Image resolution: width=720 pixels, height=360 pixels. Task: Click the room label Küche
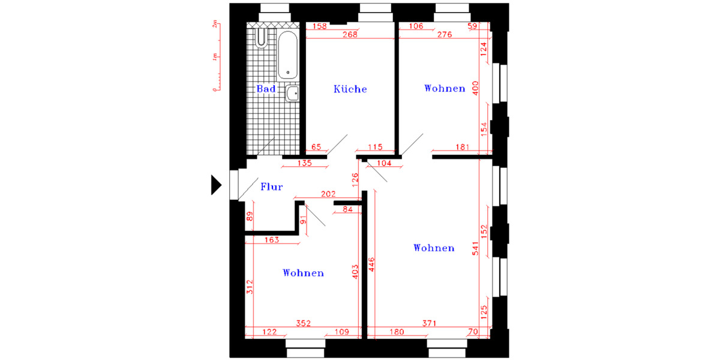[x=350, y=89]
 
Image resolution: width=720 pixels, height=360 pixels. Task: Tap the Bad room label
[x=266, y=89]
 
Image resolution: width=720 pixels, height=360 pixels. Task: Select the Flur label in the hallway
[x=271, y=187]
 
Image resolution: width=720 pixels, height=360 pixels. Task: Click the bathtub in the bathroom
[x=288, y=55]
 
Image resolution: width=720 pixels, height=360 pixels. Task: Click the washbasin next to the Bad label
[x=292, y=93]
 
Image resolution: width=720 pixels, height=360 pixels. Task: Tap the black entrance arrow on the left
[x=216, y=184]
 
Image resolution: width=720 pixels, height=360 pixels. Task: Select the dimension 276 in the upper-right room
[x=443, y=35]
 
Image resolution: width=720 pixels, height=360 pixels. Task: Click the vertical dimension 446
[x=371, y=264]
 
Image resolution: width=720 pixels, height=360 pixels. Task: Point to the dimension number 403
[x=355, y=271]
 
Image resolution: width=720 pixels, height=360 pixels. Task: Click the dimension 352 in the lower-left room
[x=303, y=323]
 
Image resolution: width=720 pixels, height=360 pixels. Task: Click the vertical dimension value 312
[x=250, y=287]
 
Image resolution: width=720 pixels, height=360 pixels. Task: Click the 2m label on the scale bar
[x=215, y=25]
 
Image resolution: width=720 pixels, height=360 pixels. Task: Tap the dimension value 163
[x=271, y=240]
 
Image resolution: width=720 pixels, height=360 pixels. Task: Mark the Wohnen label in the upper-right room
[x=445, y=88]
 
